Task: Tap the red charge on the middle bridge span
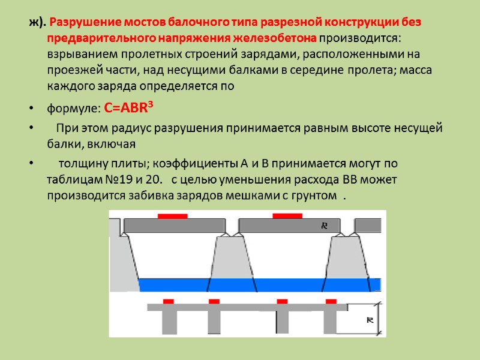point(287,216)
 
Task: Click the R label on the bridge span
point(324,226)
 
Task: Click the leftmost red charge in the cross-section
point(169,301)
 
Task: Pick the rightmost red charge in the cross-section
point(331,301)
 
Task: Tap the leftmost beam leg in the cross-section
point(169,321)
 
